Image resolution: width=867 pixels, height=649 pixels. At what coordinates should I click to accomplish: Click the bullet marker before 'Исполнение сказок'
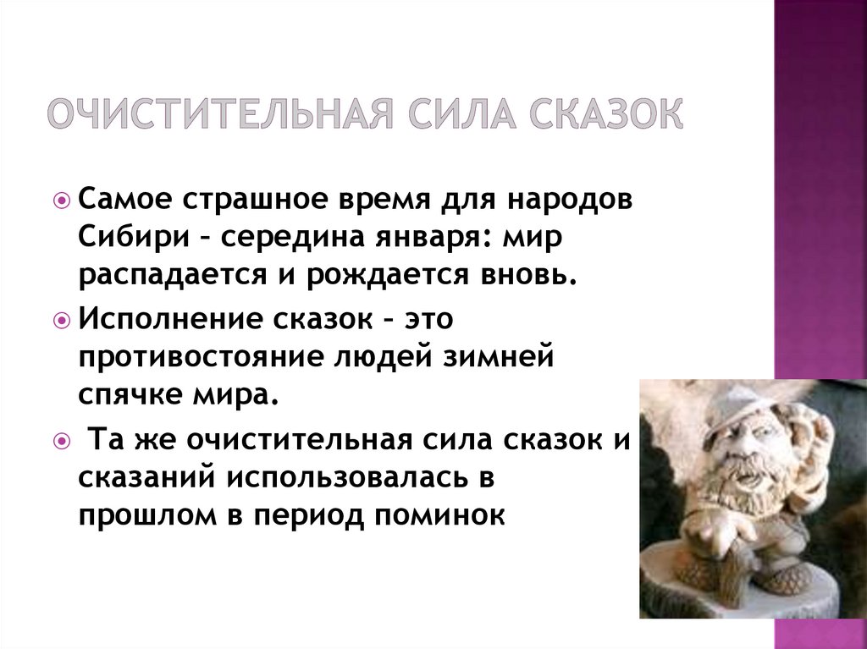[62, 322]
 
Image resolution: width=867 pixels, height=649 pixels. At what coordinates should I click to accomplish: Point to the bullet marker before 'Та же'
[62, 443]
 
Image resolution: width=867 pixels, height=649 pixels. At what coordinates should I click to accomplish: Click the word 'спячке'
[125, 394]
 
